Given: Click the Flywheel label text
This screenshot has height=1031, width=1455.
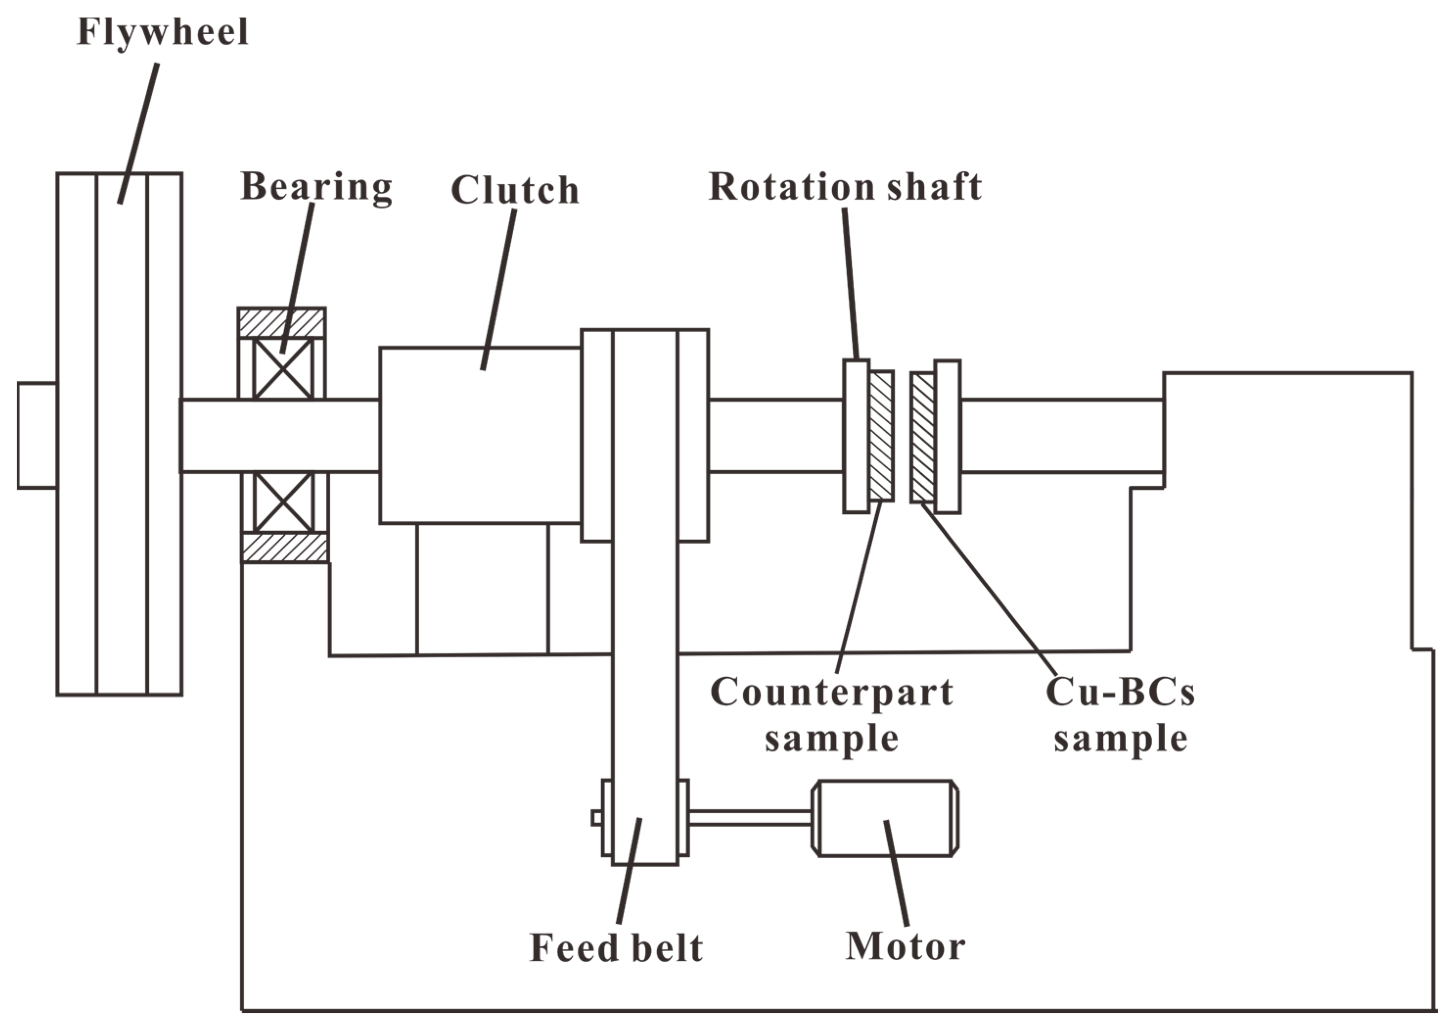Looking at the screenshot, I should coord(162,32).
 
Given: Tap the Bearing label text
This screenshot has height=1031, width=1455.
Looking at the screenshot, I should coord(316,187).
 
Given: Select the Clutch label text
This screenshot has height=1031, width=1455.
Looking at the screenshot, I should coord(515,190).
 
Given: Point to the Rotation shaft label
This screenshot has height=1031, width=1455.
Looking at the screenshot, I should coord(845,187).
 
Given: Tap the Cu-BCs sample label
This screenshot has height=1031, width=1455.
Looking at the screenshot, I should coord(1120,715).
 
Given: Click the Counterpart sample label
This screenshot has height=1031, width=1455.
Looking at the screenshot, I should coord(831,715).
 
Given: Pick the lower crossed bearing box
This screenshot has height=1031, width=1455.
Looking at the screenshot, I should coord(283,502).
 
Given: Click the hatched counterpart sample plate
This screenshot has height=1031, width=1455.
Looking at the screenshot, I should coord(881,435).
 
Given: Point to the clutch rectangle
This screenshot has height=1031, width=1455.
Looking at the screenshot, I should coord(480,435).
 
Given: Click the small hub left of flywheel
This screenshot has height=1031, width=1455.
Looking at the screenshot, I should coord(37,435).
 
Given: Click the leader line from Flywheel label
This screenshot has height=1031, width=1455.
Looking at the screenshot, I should coord(139,133).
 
